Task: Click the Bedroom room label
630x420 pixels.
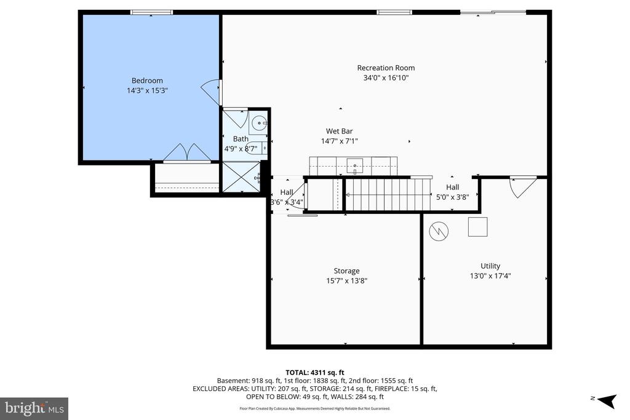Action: [x=147, y=81]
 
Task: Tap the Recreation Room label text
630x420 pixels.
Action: [x=386, y=68]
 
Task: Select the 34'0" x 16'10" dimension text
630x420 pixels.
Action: [x=386, y=78]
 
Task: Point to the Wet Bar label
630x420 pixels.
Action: [x=339, y=131]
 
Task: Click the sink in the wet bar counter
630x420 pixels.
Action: [x=354, y=165]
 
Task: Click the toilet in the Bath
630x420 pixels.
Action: [x=263, y=148]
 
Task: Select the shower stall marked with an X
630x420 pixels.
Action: [x=241, y=176]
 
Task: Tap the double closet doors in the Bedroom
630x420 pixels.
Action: [x=187, y=153]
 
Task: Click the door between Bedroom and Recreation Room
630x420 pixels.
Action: [x=211, y=92]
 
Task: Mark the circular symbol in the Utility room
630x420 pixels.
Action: [x=439, y=231]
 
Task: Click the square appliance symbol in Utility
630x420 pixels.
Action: [x=477, y=227]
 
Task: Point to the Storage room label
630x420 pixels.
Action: [x=346, y=271]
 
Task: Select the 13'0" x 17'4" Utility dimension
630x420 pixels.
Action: [x=490, y=276]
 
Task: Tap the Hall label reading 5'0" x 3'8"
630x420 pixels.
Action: [x=452, y=192]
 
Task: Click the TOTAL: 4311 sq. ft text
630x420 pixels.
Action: [x=314, y=372]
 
